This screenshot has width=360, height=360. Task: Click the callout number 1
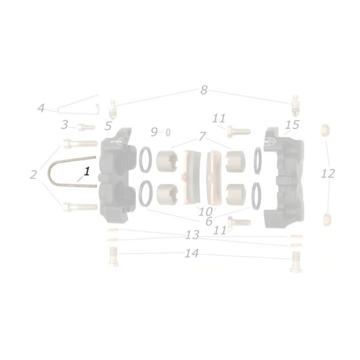(87, 171)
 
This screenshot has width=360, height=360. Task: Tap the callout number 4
(41, 108)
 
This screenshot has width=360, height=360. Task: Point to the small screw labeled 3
(85, 127)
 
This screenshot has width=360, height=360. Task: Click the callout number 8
(204, 90)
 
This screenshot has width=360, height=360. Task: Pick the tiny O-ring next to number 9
(168, 132)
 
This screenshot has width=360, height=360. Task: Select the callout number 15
(292, 125)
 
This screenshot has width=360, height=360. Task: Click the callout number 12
(328, 173)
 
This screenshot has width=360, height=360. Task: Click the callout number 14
(192, 254)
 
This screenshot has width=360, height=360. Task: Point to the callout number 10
(205, 211)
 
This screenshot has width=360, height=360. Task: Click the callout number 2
(33, 175)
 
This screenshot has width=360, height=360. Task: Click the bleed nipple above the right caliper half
(294, 106)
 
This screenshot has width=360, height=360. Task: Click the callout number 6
(208, 221)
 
